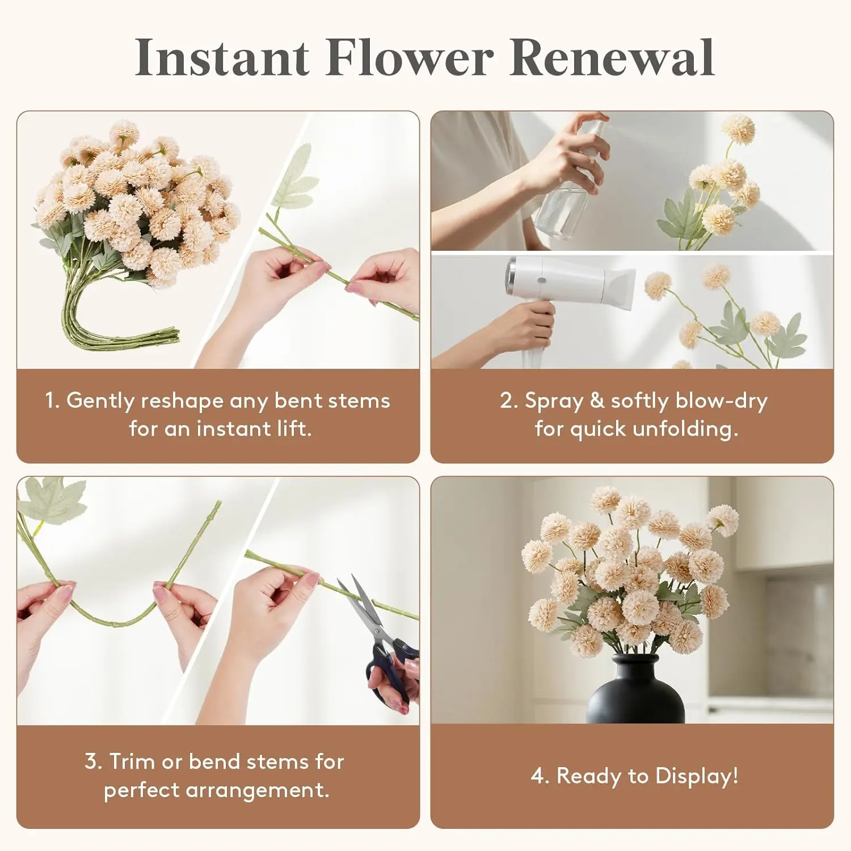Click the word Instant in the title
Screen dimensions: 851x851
[x=222, y=57]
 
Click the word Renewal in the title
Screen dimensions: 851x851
[x=612, y=57]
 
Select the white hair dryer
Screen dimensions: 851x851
[x=567, y=295]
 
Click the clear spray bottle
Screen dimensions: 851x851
[x=567, y=187]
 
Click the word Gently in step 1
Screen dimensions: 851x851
[x=100, y=401]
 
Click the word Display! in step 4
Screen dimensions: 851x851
[x=697, y=776]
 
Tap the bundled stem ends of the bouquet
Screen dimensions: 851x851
[x=122, y=335]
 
